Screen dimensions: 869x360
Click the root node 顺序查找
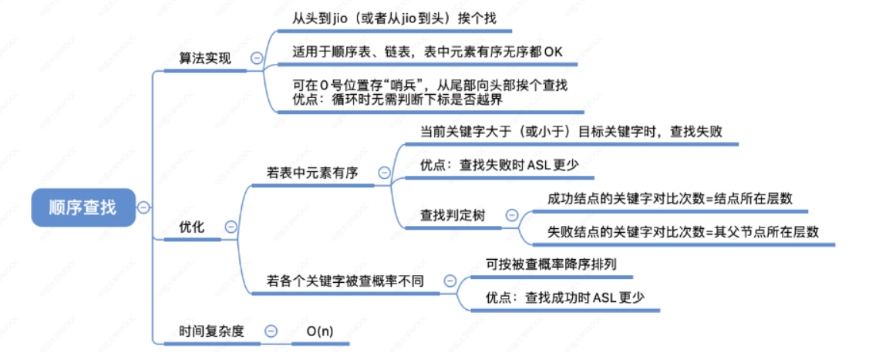[83, 207]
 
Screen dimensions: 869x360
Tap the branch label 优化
[191, 227]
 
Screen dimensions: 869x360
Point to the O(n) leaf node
[320, 331]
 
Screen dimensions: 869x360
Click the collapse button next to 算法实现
[256, 59]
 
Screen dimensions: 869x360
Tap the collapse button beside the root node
[143, 207]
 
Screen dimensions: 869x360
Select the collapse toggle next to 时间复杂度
[271, 331]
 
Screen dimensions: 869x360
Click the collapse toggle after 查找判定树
[511, 215]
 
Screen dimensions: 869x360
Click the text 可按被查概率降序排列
[551, 264]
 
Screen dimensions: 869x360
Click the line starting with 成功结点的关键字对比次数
[669, 198]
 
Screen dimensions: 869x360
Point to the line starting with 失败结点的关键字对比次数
[682, 231]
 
